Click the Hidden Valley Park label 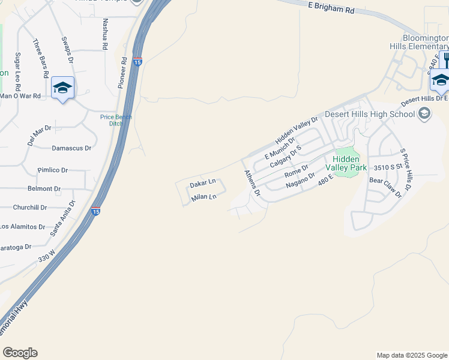[x=346, y=163]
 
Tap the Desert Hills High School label [x=370, y=114]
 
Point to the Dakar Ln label [x=202, y=182]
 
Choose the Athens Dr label [x=251, y=183]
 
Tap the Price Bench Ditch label [x=116, y=121]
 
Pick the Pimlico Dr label [x=52, y=170]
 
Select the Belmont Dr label [x=44, y=188]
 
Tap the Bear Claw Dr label [x=385, y=187]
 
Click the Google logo [x=20, y=353]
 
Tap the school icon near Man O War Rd [x=62, y=88]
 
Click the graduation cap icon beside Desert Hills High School [x=424, y=113]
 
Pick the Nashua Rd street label [x=105, y=33]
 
